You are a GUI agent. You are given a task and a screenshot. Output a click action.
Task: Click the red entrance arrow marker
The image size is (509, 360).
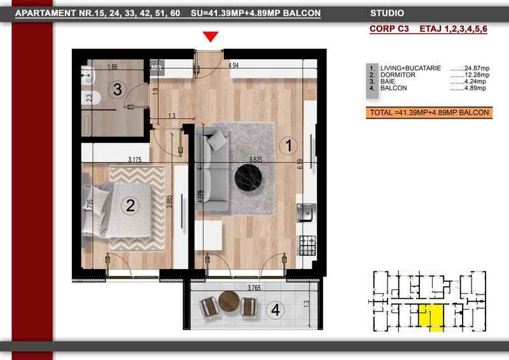click(x=211, y=36)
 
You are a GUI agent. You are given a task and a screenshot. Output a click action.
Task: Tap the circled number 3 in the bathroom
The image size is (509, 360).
click(x=117, y=89)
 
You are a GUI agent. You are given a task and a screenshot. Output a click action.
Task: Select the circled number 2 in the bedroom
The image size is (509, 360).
click(x=130, y=205)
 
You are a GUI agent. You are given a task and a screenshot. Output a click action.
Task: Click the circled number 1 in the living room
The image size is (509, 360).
click(x=288, y=145)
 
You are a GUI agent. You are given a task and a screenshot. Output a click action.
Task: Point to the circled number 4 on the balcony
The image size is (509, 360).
click(x=275, y=310)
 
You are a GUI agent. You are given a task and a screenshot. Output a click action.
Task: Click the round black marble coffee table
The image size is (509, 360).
click(x=248, y=177)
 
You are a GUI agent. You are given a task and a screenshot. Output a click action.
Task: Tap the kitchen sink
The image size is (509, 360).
click(x=306, y=212)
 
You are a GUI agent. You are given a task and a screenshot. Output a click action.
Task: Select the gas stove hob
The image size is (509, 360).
click(x=307, y=245)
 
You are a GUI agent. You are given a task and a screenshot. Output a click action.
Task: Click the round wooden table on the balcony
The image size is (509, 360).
click(x=229, y=301)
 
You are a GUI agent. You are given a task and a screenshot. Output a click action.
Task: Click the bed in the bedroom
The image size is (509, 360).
click(x=117, y=209)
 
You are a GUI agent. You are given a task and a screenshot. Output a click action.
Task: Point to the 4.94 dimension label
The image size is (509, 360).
click(x=234, y=66)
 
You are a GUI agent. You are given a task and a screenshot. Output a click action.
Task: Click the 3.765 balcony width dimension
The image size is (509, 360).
click(x=254, y=287)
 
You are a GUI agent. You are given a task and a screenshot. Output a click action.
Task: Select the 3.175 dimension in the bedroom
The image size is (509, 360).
click(x=135, y=160)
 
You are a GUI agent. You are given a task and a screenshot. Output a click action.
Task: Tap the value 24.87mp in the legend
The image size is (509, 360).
click(x=477, y=68)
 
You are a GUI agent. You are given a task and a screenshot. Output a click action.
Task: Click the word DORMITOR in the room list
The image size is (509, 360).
click(x=398, y=75)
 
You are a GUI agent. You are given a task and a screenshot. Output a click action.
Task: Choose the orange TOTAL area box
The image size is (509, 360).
click(x=429, y=113)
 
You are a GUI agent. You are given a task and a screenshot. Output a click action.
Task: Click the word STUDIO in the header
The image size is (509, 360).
click(x=387, y=13)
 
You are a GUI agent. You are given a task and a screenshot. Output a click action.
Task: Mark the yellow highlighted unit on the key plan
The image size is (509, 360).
click(x=431, y=317)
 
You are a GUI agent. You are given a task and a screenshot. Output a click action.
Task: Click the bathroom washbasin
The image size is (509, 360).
click(x=88, y=75)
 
